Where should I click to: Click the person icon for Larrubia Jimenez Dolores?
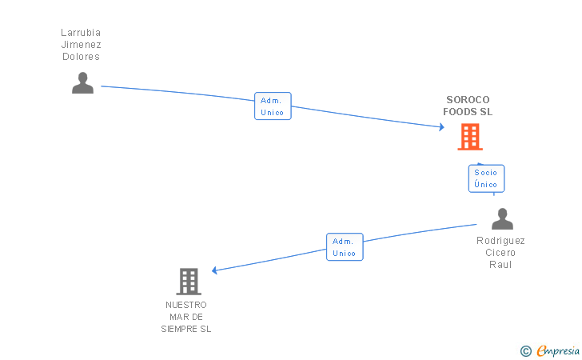pos(82,83)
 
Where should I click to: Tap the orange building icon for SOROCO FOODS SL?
pos(470,137)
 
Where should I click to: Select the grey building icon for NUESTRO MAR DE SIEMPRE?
pos(188,282)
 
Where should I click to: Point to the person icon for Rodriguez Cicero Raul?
pos(502,219)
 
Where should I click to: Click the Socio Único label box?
pos(486,178)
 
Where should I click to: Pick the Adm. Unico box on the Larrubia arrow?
pos(273,106)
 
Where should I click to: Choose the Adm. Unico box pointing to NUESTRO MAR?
pos(345,247)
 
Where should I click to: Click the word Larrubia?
pos(81,33)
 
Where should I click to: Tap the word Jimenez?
pos(81,45)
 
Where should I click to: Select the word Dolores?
pos(81,57)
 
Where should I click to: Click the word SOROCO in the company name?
pos(468,100)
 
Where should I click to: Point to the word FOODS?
pos(460,112)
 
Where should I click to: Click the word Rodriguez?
pos(501,241)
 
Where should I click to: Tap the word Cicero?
pos(501,253)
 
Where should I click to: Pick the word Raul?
pos(501,265)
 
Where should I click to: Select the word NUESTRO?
pos(186,305)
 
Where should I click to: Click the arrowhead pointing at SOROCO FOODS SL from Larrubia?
pos(440,126)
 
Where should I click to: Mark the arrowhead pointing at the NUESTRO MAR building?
pos(216,270)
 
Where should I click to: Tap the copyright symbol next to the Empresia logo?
pos(525,350)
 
